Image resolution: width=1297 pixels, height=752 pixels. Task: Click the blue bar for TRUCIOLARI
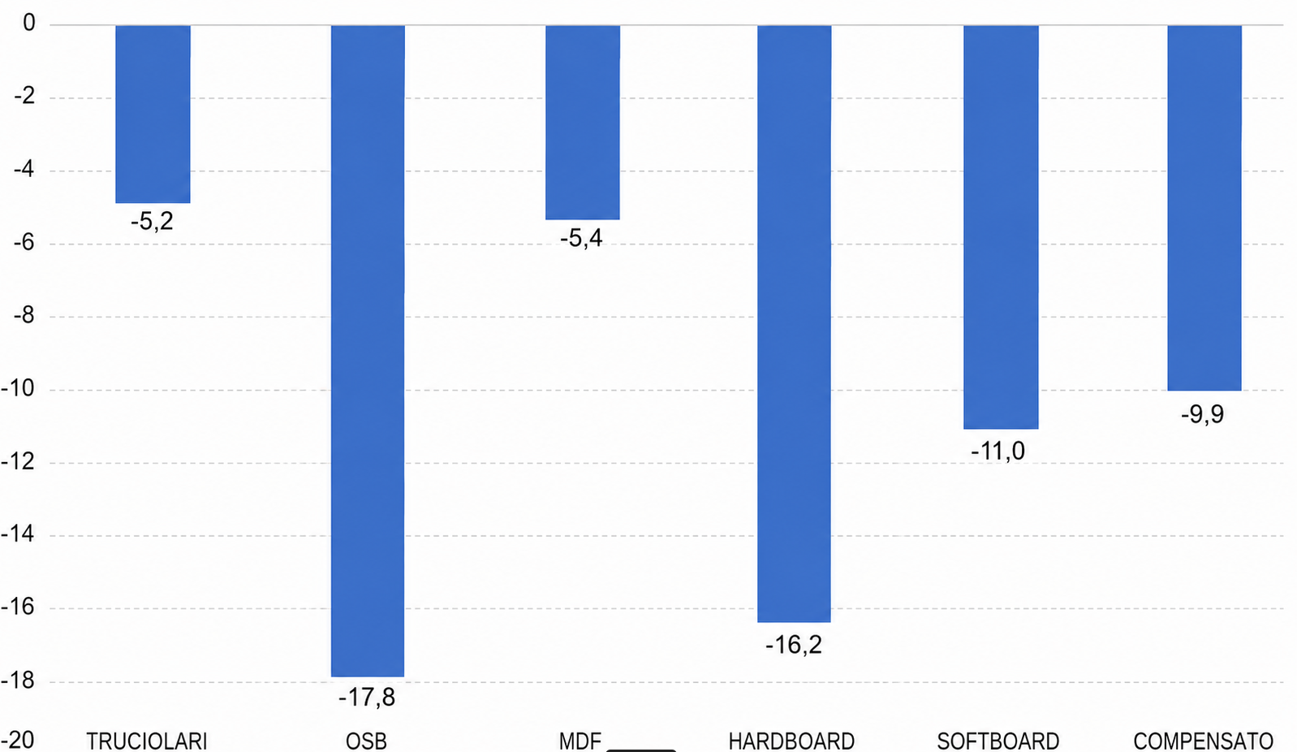153,115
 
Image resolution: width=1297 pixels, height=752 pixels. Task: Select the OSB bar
368,351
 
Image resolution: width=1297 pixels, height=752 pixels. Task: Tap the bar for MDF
583,123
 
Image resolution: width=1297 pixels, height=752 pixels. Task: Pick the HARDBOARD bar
794,324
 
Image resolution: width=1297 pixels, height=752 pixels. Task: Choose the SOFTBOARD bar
1001,227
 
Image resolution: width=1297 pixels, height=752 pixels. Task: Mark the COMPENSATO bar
1204,208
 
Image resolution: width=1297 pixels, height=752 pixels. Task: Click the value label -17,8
367,698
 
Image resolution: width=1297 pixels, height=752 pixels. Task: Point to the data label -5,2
152,222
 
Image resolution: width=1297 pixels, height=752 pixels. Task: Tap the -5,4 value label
581,238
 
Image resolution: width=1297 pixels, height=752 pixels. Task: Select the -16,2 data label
793,645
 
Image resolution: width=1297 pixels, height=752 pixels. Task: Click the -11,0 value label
998,452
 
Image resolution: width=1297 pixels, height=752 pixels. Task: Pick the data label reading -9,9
1203,415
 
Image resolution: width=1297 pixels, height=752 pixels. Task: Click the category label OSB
366,741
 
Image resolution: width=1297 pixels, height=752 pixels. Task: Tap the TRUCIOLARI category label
146,741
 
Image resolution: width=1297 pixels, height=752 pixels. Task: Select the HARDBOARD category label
791,741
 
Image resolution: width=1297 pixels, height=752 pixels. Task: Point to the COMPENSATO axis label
1203,741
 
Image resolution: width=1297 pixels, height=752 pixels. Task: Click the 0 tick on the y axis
29,24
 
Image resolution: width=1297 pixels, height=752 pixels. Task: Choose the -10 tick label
18,388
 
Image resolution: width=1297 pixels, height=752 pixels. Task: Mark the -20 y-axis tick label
18,741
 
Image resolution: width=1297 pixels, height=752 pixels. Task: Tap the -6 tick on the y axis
25,242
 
